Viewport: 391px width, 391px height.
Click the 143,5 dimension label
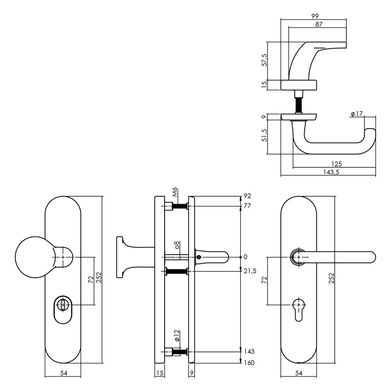[x=328, y=172]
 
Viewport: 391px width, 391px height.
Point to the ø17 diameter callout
[x=357, y=114]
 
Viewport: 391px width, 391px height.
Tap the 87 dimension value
[x=318, y=24]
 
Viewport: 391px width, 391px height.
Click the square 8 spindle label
[x=177, y=245]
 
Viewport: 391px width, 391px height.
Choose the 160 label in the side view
[x=249, y=362]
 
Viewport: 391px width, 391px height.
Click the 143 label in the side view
[x=249, y=352]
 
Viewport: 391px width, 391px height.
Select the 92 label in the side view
[x=247, y=196]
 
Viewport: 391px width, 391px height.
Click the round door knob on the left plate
[x=33, y=257]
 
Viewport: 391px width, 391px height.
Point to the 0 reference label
[x=245, y=257]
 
